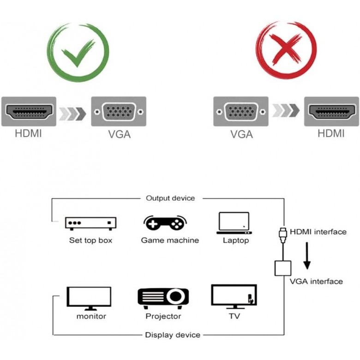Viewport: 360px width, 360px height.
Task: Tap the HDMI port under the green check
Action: pos(29,111)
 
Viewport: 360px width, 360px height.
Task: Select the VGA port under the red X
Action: pos(241,111)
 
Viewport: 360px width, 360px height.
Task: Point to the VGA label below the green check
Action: pos(119,134)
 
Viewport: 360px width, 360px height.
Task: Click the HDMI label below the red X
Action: pos(331,134)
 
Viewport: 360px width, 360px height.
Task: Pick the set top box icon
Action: pos(90,224)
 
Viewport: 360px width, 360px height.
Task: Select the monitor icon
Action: pos(89,298)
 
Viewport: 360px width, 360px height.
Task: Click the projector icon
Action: pos(163,298)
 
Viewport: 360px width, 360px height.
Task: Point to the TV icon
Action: pos(234,296)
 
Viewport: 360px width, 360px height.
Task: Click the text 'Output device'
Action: pos(170,198)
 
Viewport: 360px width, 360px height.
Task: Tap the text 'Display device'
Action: pos(173,335)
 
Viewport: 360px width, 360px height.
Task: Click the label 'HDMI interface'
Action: pos(318,232)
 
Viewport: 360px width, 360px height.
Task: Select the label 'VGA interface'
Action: pos(316,281)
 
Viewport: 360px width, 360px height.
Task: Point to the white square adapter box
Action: pos(282,269)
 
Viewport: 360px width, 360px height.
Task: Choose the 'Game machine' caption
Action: pos(170,240)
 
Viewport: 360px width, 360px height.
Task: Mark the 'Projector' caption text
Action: pos(163,316)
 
